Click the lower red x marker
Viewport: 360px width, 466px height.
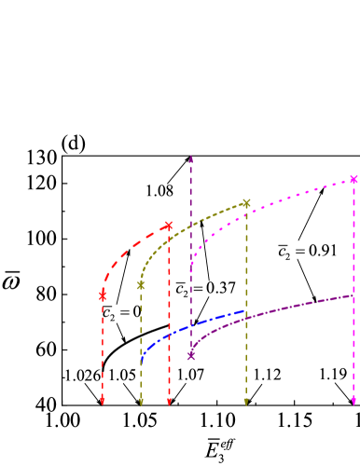tap(103, 295)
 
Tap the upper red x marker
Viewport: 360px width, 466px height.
tap(169, 226)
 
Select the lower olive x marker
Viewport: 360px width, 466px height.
tap(141, 285)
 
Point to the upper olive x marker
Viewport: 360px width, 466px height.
tap(246, 203)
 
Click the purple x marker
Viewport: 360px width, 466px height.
tap(191, 355)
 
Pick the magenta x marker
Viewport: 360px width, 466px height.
tap(354, 179)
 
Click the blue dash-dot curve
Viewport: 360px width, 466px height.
tap(187, 329)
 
